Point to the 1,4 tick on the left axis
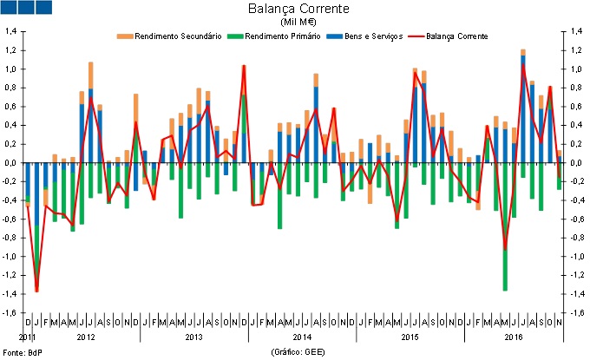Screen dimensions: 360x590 [12, 31]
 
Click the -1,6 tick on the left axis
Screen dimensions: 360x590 [11, 313]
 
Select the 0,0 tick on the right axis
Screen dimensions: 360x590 [574, 163]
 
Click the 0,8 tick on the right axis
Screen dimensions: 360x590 [574, 88]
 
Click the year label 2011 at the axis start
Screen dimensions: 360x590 [27, 335]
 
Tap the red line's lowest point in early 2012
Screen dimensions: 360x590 [36, 291]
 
